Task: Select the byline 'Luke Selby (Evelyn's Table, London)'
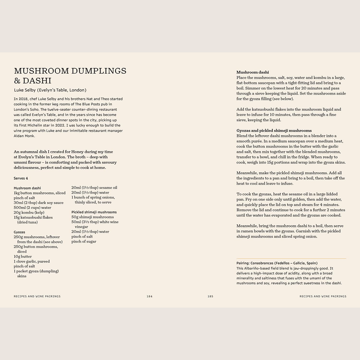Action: point(50,90)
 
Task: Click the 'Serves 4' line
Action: point(21,178)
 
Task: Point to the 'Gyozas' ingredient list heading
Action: point(19,232)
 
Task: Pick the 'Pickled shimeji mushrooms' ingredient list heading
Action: point(94,212)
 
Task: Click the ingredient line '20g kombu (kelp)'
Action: point(30,213)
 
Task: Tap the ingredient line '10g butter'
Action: point(23,257)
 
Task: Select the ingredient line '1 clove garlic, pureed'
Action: point(32,262)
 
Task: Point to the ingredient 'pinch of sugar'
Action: point(84,242)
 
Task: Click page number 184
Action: point(149,296)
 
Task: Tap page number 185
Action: point(210,296)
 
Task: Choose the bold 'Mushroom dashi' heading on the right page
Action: point(252,72)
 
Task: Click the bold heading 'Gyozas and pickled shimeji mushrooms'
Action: point(274,131)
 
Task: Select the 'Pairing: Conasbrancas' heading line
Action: point(277,263)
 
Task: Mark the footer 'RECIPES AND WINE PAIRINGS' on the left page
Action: point(37,296)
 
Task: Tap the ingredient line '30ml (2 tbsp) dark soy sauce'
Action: point(39,203)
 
